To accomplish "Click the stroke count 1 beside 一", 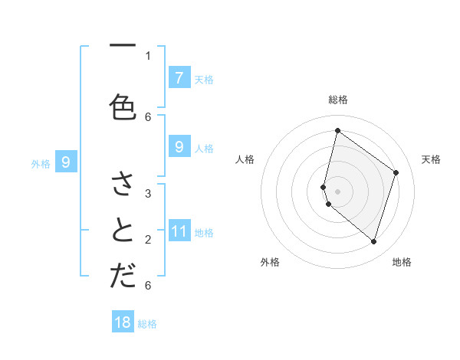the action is pos(148,55).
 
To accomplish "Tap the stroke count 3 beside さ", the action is pos(148,193).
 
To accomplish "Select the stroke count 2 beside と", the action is pos(148,240).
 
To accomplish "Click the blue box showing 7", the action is pos(179,77).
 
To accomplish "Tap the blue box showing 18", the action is pos(123,322).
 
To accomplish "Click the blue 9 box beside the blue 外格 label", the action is pos(66,162).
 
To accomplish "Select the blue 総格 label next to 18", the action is pos(147,324).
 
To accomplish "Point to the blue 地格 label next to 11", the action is pos(204,232).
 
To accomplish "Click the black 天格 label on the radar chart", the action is pos(431,159).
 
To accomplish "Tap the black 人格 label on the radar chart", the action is pos(245,159).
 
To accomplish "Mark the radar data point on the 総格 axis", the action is pos(337,131).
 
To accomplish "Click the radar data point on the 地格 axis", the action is pos(373,241).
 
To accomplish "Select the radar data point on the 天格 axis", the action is pos(396,172).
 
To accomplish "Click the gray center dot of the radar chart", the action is pos(337,191).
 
